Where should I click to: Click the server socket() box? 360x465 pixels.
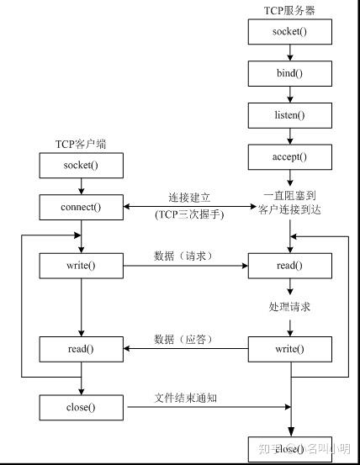pos(289,32)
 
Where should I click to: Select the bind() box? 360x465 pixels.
pos(289,74)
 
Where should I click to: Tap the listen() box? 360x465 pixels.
pos(289,114)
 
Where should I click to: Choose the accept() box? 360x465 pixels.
pos(289,156)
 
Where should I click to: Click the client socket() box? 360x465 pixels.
pos(81,165)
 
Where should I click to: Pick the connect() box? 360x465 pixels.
pos(81,206)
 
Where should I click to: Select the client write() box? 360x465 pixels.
pos(81,267)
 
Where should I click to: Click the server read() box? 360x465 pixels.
pos(289,267)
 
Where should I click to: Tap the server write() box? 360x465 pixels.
pos(289,348)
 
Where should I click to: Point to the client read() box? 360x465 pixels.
pos(81,348)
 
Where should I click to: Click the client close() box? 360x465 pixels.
pos(81,408)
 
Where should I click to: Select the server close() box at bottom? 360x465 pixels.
pos(289,449)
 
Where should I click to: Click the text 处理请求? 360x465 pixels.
pos(289,307)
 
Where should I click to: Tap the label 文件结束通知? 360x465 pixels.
pos(186,398)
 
